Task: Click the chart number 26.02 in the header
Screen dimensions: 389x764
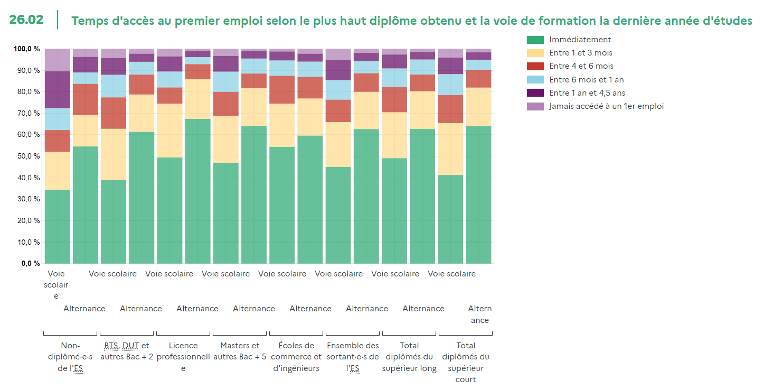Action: pos(26,20)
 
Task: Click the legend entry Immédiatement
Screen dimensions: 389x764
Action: pos(580,40)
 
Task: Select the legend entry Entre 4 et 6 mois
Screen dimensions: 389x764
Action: pos(581,66)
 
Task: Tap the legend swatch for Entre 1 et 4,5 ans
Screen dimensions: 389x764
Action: pos(535,93)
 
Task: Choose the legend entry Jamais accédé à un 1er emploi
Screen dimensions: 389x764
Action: pos(606,106)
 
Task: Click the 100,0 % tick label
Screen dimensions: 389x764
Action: pos(27,49)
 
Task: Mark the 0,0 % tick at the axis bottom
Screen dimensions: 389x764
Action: pos(31,263)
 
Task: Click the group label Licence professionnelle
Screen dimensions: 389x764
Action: pos(183,357)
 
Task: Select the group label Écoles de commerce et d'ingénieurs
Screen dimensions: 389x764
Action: pos(296,357)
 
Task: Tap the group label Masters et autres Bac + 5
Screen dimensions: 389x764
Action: pos(240,351)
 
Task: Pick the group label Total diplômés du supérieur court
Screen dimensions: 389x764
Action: pos(465,363)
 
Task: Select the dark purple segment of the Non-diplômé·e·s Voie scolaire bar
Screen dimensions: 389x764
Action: pos(57,89)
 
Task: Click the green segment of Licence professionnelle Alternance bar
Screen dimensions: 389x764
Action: pos(197,191)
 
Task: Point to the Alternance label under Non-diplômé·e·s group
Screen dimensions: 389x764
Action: pos(84,309)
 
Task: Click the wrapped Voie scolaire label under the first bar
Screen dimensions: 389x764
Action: pos(56,285)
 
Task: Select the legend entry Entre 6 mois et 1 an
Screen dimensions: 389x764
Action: pos(586,80)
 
